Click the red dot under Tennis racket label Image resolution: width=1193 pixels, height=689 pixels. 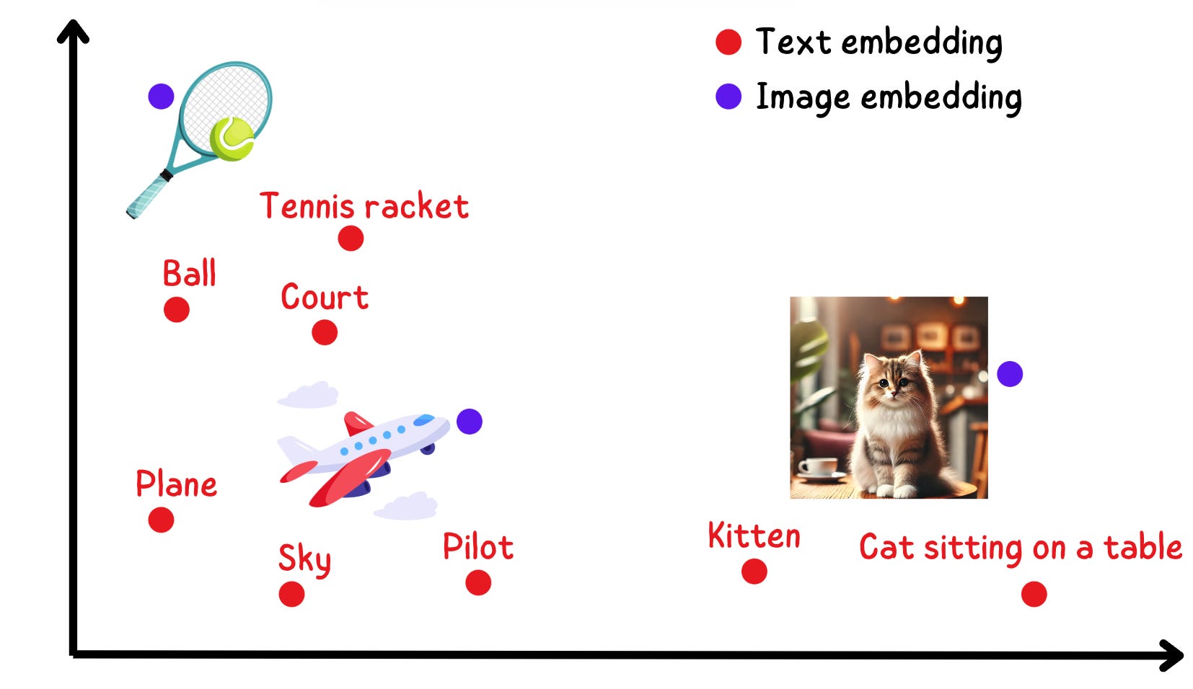[x=351, y=238]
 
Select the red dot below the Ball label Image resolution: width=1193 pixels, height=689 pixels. [x=176, y=310]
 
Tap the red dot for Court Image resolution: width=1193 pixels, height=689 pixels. [x=325, y=332]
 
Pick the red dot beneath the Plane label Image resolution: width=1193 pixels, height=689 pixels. [x=161, y=520]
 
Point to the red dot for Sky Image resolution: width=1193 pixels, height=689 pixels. [x=291, y=595]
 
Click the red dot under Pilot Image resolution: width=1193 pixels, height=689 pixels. [x=478, y=582]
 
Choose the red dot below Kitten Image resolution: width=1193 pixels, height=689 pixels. [x=754, y=572]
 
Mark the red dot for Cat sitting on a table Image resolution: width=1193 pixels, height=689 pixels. [x=1034, y=595]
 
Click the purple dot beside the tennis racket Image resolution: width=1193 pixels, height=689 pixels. [x=161, y=96]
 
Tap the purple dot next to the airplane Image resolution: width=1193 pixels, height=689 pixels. [x=470, y=422]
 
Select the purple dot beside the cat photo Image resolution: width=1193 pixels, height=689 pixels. [x=1010, y=374]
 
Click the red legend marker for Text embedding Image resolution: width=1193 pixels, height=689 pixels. [x=728, y=42]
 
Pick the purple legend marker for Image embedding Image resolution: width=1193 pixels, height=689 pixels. [x=728, y=97]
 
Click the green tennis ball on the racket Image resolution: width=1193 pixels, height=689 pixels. [x=232, y=138]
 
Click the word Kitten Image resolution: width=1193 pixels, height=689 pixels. [x=754, y=536]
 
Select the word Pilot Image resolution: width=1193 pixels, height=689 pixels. [x=477, y=547]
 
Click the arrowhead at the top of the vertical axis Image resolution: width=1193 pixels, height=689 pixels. [x=73, y=31]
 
